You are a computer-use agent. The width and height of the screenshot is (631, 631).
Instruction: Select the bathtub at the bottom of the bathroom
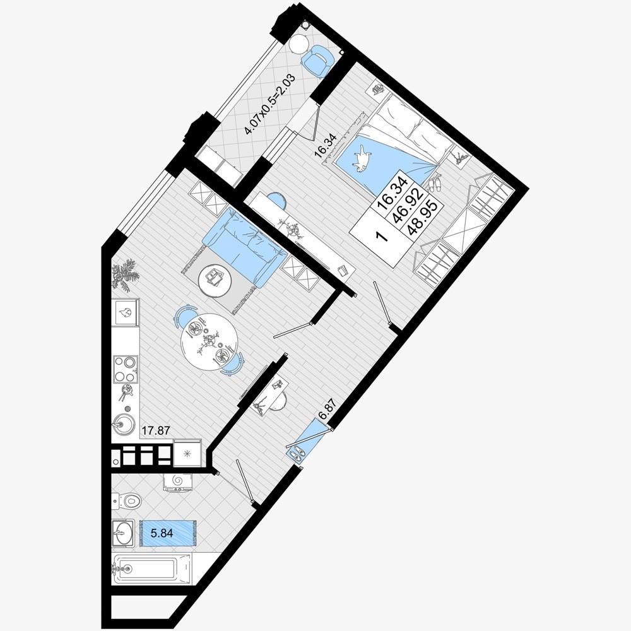pyautogui.click(x=151, y=569)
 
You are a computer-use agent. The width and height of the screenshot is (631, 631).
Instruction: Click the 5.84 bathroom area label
pyautogui.click(x=162, y=534)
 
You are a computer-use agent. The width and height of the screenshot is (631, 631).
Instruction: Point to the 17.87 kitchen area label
pyautogui.click(x=155, y=430)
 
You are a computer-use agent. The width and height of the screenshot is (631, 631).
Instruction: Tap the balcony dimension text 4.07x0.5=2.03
pyautogui.click(x=270, y=104)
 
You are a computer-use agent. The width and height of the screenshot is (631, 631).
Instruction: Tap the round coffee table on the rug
pyautogui.click(x=215, y=281)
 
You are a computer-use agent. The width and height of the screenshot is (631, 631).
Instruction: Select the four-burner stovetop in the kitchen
pyautogui.click(x=125, y=369)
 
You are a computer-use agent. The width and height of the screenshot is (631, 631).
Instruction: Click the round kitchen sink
pyautogui.click(x=122, y=424)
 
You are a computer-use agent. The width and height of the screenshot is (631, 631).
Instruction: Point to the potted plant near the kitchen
pyautogui.click(x=125, y=275)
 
